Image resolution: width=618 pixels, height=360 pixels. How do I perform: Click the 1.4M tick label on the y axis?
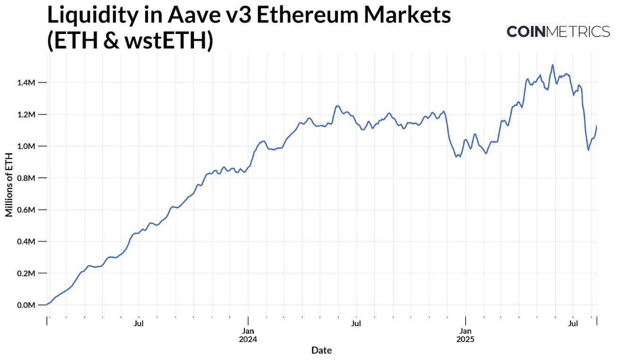pyautogui.click(x=26, y=83)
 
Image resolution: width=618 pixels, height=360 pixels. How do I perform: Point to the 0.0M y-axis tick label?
pyautogui.click(x=26, y=305)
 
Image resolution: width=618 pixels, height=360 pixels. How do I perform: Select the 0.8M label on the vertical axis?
pyautogui.click(x=26, y=178)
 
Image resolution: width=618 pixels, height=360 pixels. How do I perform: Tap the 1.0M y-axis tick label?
pyautogui.click(x=26, y=146)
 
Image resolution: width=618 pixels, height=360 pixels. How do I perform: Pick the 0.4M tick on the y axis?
pyautogui.click(x=26, y=242)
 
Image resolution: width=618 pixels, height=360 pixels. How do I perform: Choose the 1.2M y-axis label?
pyautogui.click(x=26, y=115)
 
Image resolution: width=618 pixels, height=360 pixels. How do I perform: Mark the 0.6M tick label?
pyautogui.click(x=26, y=209)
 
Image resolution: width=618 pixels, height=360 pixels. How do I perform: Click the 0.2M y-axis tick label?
pyautogui.click(x=26, y=273)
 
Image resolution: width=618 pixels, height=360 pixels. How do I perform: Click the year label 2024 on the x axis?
pyautogui.click(x=248, y=339)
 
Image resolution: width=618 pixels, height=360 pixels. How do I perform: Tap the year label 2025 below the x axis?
pyautogui.click(x=465, y=339)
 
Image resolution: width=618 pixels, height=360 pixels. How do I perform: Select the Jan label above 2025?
pyautogui.click(x=465, y=331)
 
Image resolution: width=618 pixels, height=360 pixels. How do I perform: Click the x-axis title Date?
pyautogui.click(x=321, y=350)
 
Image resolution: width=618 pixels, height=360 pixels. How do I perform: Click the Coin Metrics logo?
pyautogui.click(x=558, y=32)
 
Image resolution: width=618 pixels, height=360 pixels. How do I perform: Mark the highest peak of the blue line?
pyautogui.click(x=552, y=65)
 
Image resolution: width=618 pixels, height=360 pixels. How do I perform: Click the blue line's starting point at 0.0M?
pyautogui.click(x=47, y=304)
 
